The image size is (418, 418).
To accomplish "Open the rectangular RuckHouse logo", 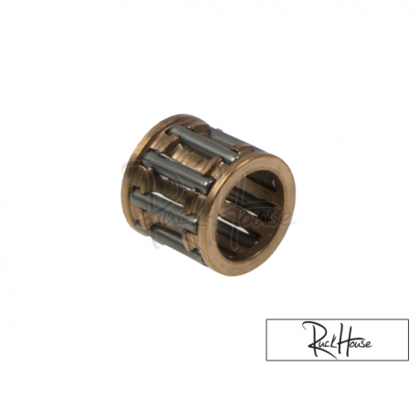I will click(337, 340).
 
